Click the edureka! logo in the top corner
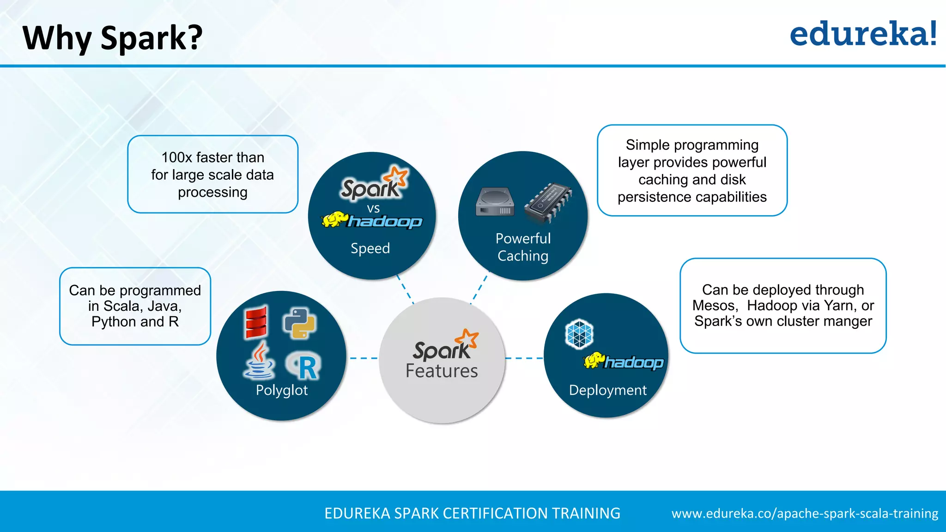coord(863,34)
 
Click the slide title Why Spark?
coord(112,38)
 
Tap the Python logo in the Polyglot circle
coord(299,323)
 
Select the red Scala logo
coord(256,322)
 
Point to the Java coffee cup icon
coord(259,361)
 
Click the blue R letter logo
coord(305,367)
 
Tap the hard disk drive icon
coord(495,202)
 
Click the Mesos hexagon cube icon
coord(579,333)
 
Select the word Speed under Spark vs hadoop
coord(370,248)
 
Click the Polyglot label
coord(281,390)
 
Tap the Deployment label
coord(607,390)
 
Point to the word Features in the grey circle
coord(442,371)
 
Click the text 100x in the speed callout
coord(176,157)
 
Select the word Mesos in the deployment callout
coord(713,306)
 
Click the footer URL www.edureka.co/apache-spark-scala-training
coord(805,514)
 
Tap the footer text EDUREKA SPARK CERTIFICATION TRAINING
coord(472,514)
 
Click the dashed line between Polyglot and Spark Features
coord(363,358)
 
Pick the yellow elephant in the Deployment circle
coord(594,360)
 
